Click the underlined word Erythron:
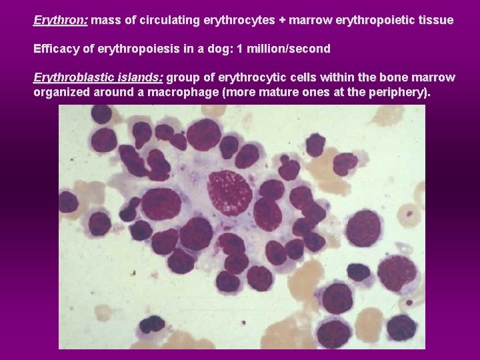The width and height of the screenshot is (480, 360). (x=60, y=21)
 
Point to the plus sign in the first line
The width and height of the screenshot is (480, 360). (x=283, y=21)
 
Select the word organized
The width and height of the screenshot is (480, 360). (x=61, y=92)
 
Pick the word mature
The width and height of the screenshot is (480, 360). (x=277, y=92)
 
